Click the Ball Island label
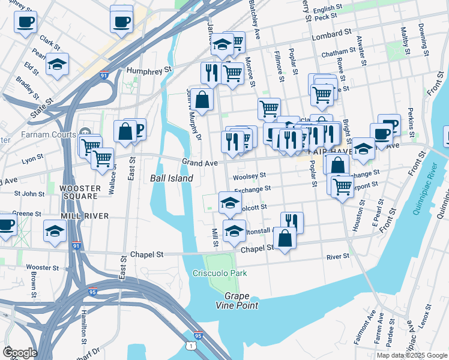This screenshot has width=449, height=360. coord(171,178)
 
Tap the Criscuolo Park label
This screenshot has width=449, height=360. coord(220,273)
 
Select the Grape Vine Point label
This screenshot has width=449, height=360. coord(241,301)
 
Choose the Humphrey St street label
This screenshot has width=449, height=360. coord(149,70)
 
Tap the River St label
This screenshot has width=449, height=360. coord(338,256)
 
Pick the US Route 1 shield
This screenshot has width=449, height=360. coord(190,346)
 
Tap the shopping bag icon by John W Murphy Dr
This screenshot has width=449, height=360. coord(202,100)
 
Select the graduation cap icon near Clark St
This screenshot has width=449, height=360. coord(56,64)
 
